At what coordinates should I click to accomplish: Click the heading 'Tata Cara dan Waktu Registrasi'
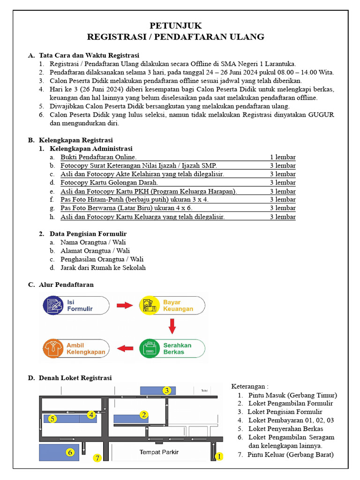click(x=89, y=55)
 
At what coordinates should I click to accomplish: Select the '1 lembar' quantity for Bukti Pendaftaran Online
click(x=282, y=157)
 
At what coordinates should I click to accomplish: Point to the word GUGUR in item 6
click(x=321, y=115)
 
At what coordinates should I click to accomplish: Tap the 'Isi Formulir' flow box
click(x=76, y=306)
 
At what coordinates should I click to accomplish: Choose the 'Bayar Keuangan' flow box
click(x=172, y=306)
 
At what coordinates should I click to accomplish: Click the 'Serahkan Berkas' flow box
click(x=172, y=349)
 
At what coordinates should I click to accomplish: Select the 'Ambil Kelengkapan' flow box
click(x=76, y=349)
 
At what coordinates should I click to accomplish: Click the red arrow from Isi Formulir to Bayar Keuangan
click(x=124, y=306)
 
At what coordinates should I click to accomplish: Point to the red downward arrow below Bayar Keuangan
click(x=172, y=326)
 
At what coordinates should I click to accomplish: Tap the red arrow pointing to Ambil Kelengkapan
click(x=124, y=348)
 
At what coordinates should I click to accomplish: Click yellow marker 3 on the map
click(x=166, y=390)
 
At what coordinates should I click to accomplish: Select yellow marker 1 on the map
click(x=218, y=456)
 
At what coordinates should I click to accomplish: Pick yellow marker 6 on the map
click(x=70, y=452)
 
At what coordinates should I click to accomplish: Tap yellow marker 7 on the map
click(x=97, y=458)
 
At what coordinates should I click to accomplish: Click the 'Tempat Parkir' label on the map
click(x=159, y=452)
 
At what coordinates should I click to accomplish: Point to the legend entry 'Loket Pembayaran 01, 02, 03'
click(x=291, y=420)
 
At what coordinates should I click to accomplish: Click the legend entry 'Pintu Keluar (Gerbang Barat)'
click(x=291, y=455)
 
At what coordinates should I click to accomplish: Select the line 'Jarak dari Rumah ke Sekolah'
click(x=103, y=268)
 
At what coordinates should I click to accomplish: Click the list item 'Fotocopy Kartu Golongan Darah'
click(x=109, y=182)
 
